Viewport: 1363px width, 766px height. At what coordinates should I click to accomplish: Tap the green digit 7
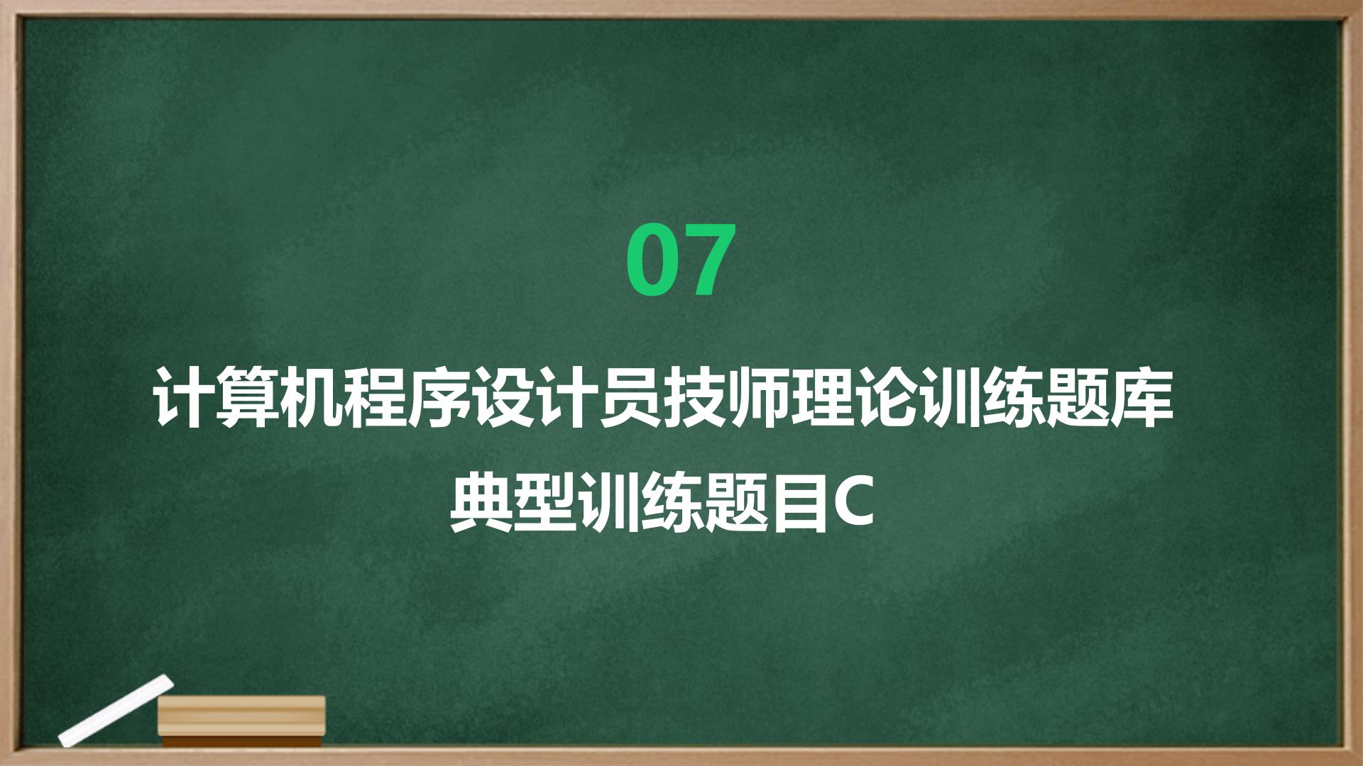(706, 260)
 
